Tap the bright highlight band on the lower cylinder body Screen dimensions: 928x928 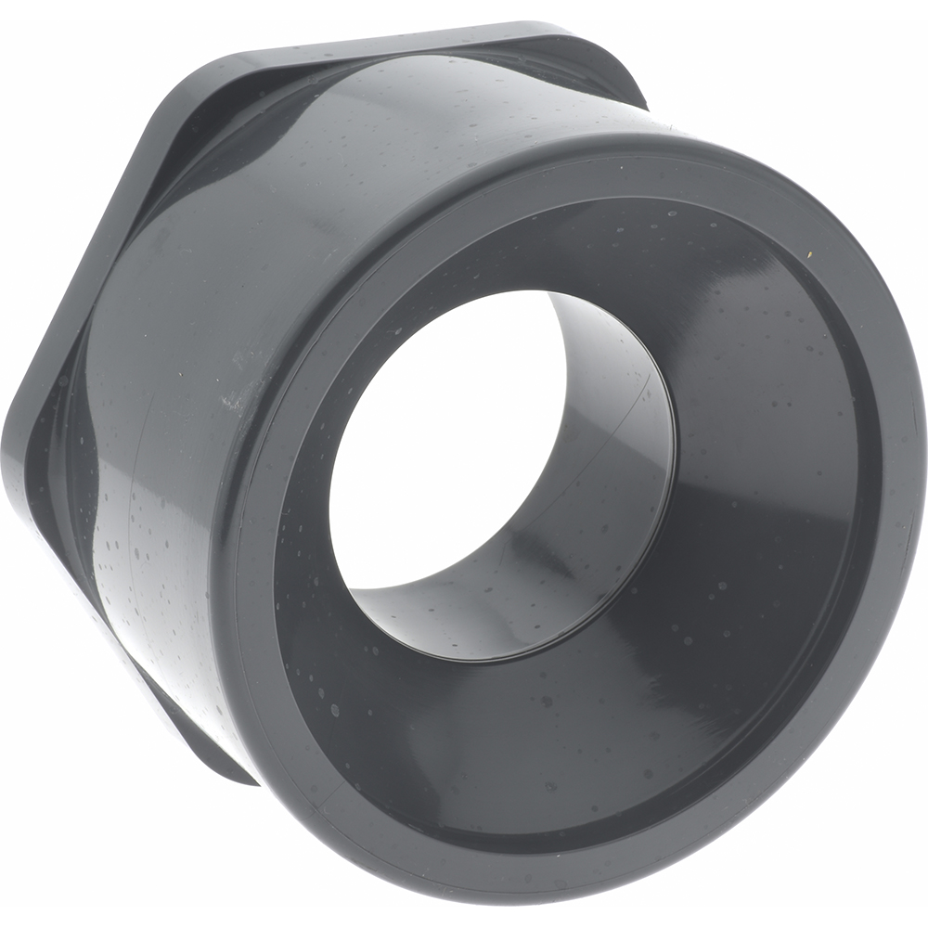click(158, 575)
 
